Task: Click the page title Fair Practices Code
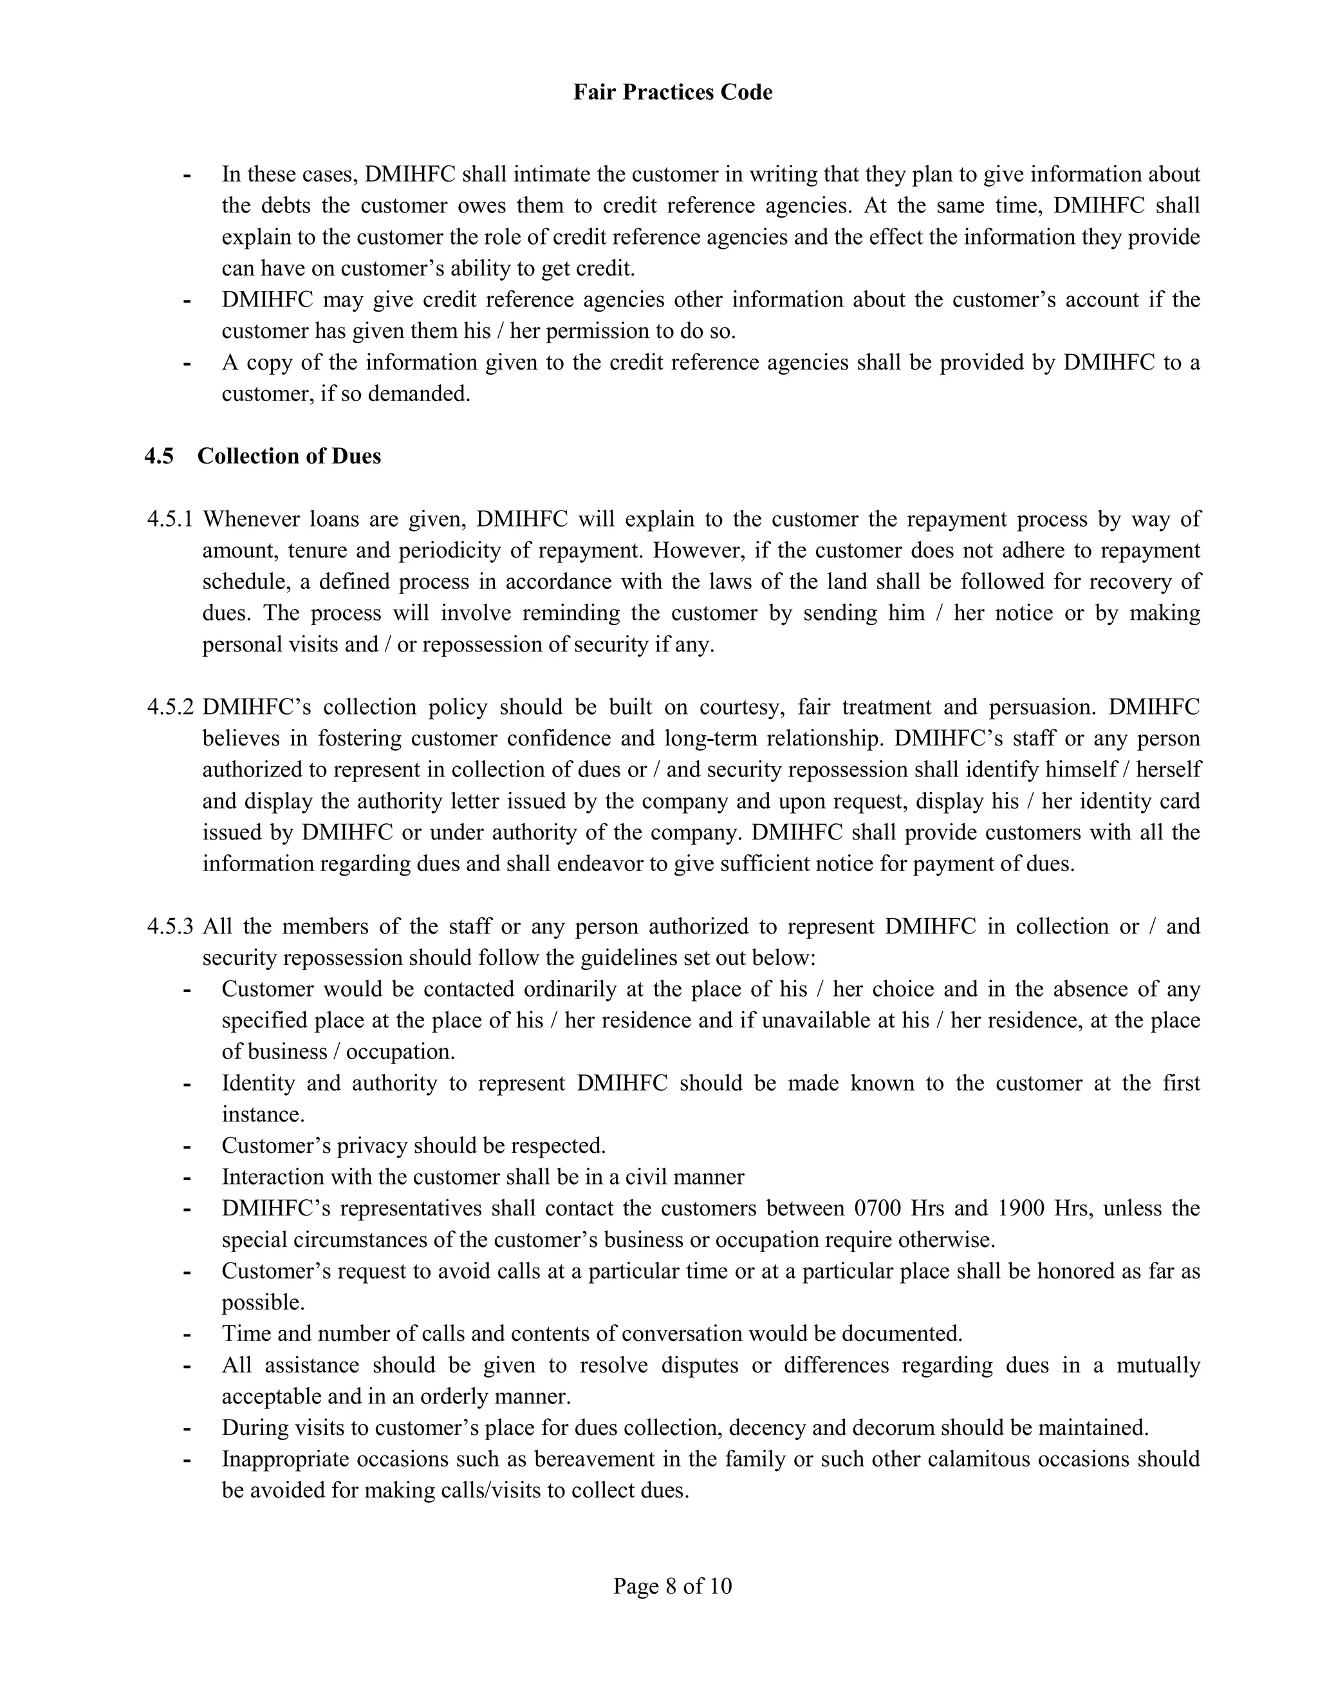click(673, 92)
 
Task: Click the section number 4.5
click(160, 456)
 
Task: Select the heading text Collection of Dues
click(289, 456)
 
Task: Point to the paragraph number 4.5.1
click(169, 520)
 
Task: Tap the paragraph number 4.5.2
click(169, 708)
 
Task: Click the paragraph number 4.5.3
click(169, 926)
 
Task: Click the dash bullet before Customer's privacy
click(187, 1147)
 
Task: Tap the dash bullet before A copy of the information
click(187, 363)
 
